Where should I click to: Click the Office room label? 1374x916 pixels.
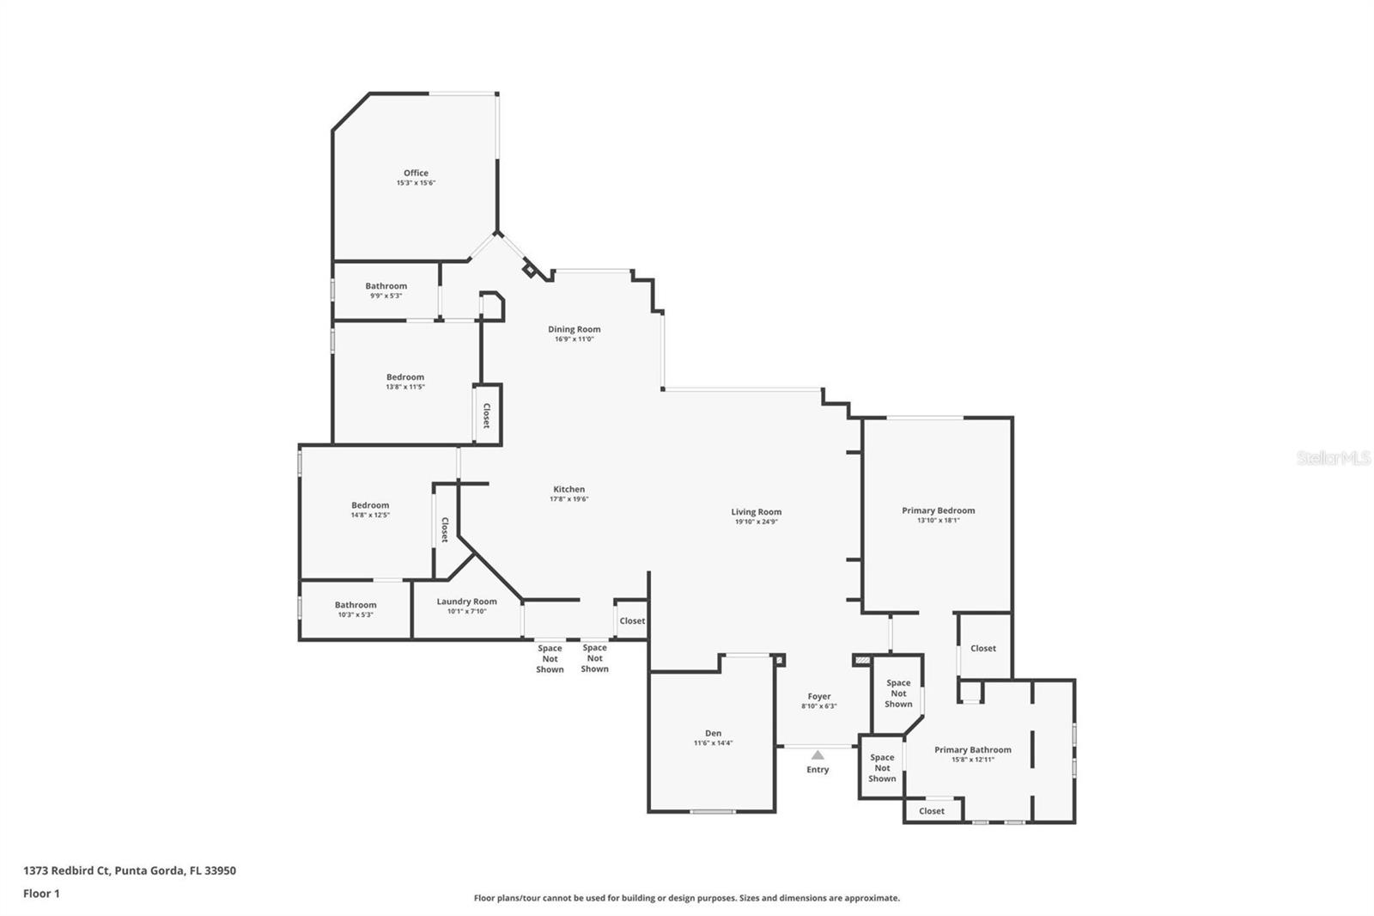[416, 173]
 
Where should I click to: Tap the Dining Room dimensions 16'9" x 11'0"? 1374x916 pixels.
[574, 339]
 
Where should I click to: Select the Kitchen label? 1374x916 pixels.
[568, 489]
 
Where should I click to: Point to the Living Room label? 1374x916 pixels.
[756, 512]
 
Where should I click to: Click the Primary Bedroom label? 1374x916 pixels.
[938, 510]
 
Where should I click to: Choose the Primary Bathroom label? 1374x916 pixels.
[972, 749]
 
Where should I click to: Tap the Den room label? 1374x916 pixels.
[713, 733]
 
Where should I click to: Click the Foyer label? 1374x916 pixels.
[818, 696]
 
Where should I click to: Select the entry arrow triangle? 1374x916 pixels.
[818, 755]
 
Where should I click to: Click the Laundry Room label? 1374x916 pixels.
[466, 602]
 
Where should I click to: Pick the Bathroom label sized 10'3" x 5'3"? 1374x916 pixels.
[355, 605]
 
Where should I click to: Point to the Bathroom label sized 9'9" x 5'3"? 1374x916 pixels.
[386, 286]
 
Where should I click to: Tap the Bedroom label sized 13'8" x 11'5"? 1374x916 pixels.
[404, 377]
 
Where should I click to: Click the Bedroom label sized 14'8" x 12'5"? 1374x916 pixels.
[369, 505]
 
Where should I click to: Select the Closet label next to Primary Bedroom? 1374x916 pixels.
[982, 648]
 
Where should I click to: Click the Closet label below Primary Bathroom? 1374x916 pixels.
[931, 810]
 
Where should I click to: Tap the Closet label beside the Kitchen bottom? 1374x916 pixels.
[631, 620]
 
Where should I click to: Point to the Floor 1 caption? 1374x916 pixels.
[41, 894]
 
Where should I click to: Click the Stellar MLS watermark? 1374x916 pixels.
[1333, 459]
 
